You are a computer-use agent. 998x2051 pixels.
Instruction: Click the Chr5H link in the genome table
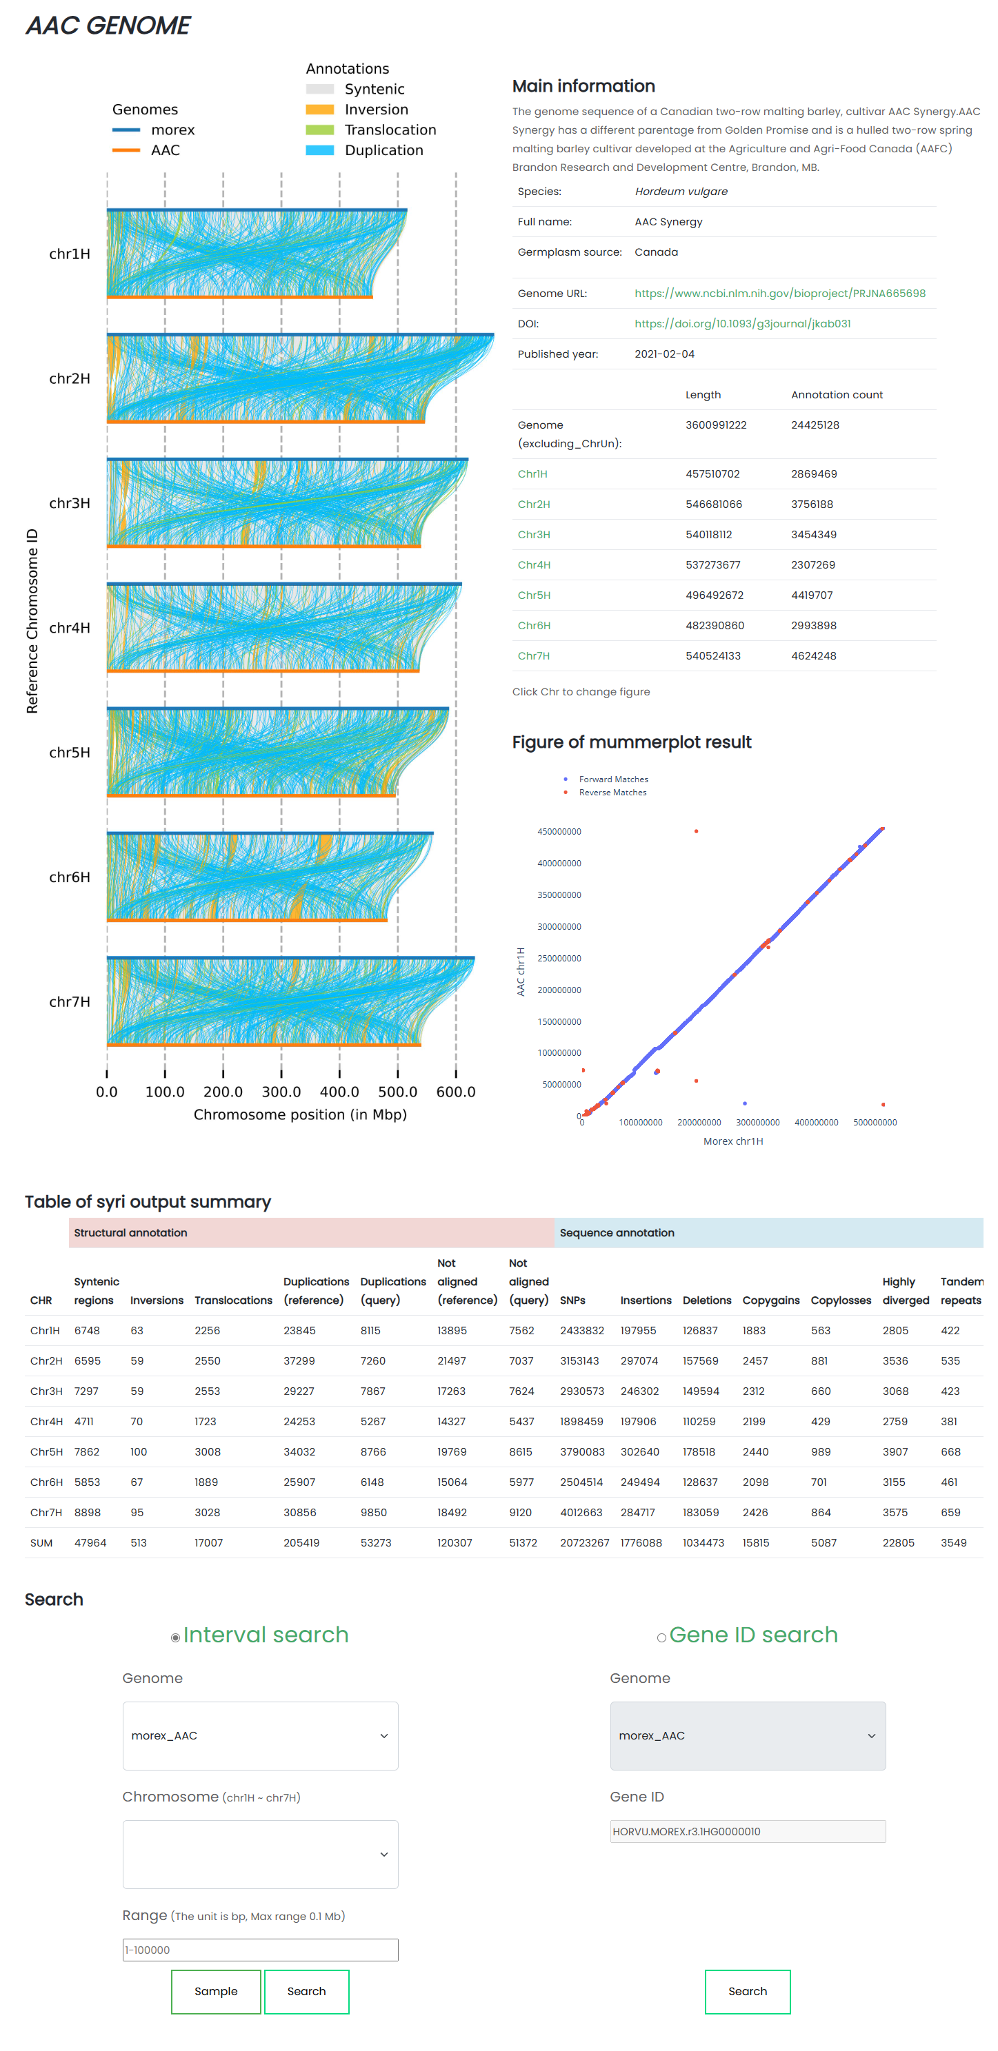pos(534,595)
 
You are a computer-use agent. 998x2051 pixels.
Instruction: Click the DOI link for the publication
pos(741,323)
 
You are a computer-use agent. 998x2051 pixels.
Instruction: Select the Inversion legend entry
pos(375,109)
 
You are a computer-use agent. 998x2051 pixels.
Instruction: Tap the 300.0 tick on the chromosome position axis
pos(281,1091)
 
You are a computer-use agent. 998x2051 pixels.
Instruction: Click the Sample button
pos(216,1990)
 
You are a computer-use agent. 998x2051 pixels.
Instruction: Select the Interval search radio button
pos(175,1637)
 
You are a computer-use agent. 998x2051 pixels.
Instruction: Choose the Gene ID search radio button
pos(661,1637)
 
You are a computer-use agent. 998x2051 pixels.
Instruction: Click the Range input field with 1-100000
pos(261,1949)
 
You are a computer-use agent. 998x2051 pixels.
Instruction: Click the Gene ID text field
pos(747,1830)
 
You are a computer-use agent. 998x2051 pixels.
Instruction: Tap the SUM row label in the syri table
pos(41,1542)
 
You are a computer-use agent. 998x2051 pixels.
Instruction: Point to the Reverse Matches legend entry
pos(612,793)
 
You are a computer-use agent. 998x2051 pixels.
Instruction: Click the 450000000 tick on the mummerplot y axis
pos(559,831)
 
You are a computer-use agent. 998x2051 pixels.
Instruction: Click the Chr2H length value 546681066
pos(713,504)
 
